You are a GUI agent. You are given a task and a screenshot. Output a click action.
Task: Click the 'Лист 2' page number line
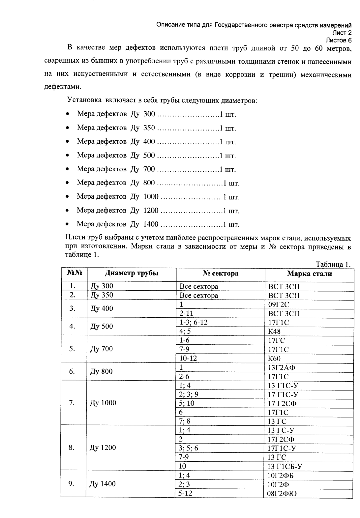[342, 33]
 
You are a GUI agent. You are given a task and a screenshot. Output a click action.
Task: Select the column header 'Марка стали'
[309, 273]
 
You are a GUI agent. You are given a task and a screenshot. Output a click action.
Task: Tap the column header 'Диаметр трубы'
[132, 273]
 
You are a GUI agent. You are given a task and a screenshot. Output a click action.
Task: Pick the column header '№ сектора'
[220, 273]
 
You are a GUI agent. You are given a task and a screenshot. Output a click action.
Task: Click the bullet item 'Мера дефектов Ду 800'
[158, 183]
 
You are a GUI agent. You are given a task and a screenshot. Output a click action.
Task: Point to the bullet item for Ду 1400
[158, 224]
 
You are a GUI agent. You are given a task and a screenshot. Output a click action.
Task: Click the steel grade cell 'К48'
[274, 331]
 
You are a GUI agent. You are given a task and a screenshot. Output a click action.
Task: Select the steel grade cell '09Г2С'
[279, 304]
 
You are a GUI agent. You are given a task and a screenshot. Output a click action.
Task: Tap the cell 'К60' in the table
[274, 359]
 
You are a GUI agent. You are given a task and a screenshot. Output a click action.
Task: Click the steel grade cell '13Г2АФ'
[281, 368]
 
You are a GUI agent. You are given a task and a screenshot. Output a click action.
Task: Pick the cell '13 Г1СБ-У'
[285, 466]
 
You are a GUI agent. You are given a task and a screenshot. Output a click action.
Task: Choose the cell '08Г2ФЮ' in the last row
[282, 493]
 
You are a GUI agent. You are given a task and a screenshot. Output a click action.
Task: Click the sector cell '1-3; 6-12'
[193, 322]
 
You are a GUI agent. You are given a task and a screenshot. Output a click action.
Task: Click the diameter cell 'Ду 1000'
[103, 403]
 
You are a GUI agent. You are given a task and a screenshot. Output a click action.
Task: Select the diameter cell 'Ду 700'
[102, 349]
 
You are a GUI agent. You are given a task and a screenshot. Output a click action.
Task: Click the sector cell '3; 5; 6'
[188, 448]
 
